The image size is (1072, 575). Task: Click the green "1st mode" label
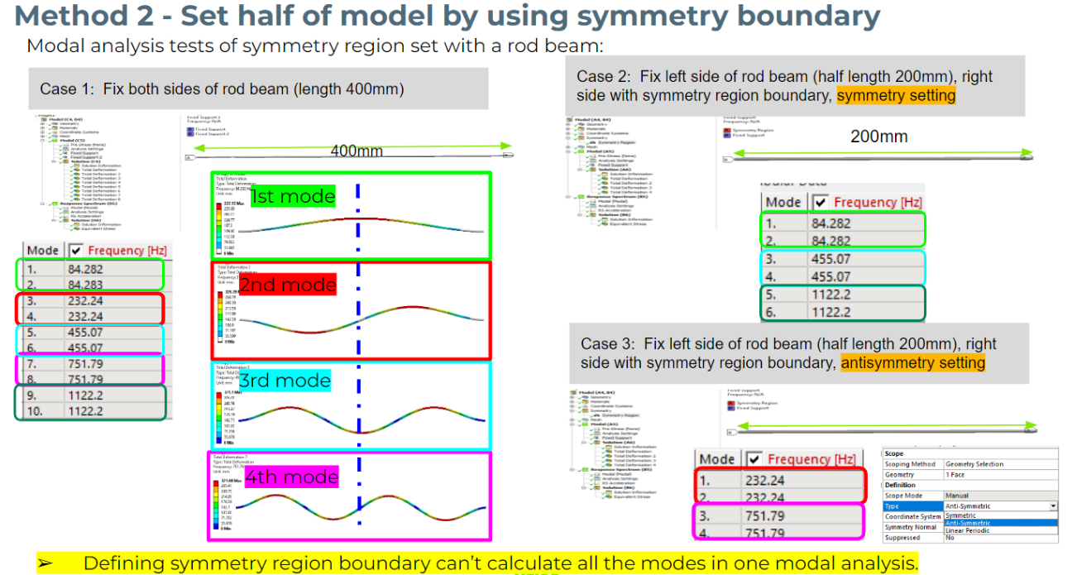293,196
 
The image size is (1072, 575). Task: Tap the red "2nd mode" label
288,285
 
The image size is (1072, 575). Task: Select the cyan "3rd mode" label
285,381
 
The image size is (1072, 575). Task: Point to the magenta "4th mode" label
292,477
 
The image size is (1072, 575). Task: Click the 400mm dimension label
357,151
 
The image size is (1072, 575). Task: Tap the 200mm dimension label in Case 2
878,137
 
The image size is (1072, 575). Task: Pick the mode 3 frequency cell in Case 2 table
830,259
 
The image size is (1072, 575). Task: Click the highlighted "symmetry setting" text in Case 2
896,95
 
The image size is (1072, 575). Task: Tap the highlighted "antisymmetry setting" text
912,362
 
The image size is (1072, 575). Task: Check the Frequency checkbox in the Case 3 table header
754,459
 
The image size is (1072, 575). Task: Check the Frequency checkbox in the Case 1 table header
75,251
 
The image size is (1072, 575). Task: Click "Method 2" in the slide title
88,16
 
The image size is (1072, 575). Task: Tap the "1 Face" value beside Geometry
956,475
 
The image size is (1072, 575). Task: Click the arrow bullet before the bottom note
46,563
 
